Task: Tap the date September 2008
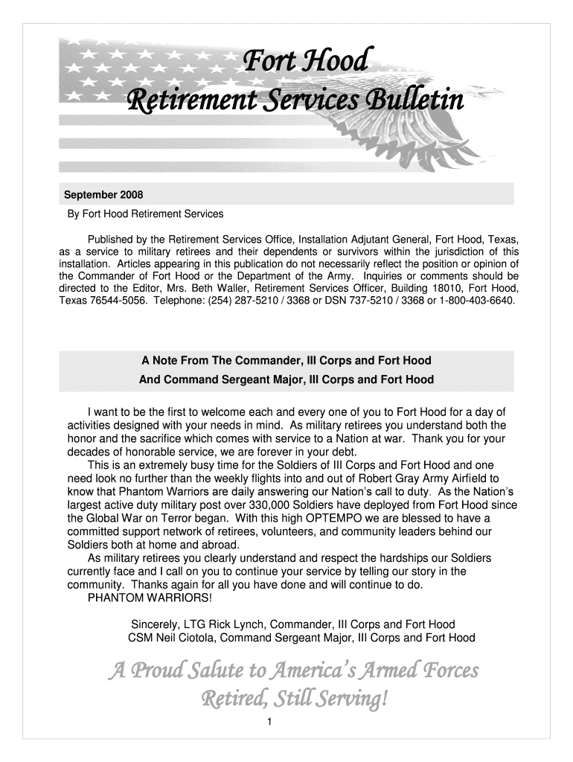pos(103,195)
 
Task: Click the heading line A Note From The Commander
pos(286,361)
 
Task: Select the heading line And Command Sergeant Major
pos(286,380)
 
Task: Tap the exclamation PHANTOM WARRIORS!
pos(150,598)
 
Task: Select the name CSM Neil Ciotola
pos(171,638)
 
